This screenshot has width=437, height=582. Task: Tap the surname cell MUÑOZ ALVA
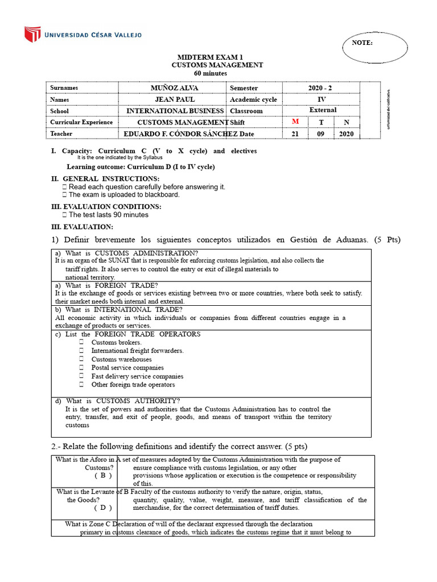click(172, 88)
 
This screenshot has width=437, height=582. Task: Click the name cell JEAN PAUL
click(172, 99)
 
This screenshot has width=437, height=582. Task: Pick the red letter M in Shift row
click(295, 122)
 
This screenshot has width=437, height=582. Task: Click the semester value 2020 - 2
click(323, 88)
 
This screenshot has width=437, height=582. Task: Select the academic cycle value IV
click(322, 99)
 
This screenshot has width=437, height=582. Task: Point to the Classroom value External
click(323, 110)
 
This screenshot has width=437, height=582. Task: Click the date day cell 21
click(295, 134)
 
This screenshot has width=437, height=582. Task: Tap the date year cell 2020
click(347, 134)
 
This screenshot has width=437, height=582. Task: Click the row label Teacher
click(61, 134)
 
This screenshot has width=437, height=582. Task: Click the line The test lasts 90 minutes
click(108, 215)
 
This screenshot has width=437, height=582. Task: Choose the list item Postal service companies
click(127, 368)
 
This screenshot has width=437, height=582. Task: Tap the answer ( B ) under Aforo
click(103, 475)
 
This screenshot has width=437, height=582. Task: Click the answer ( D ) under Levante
click(103, 508)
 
